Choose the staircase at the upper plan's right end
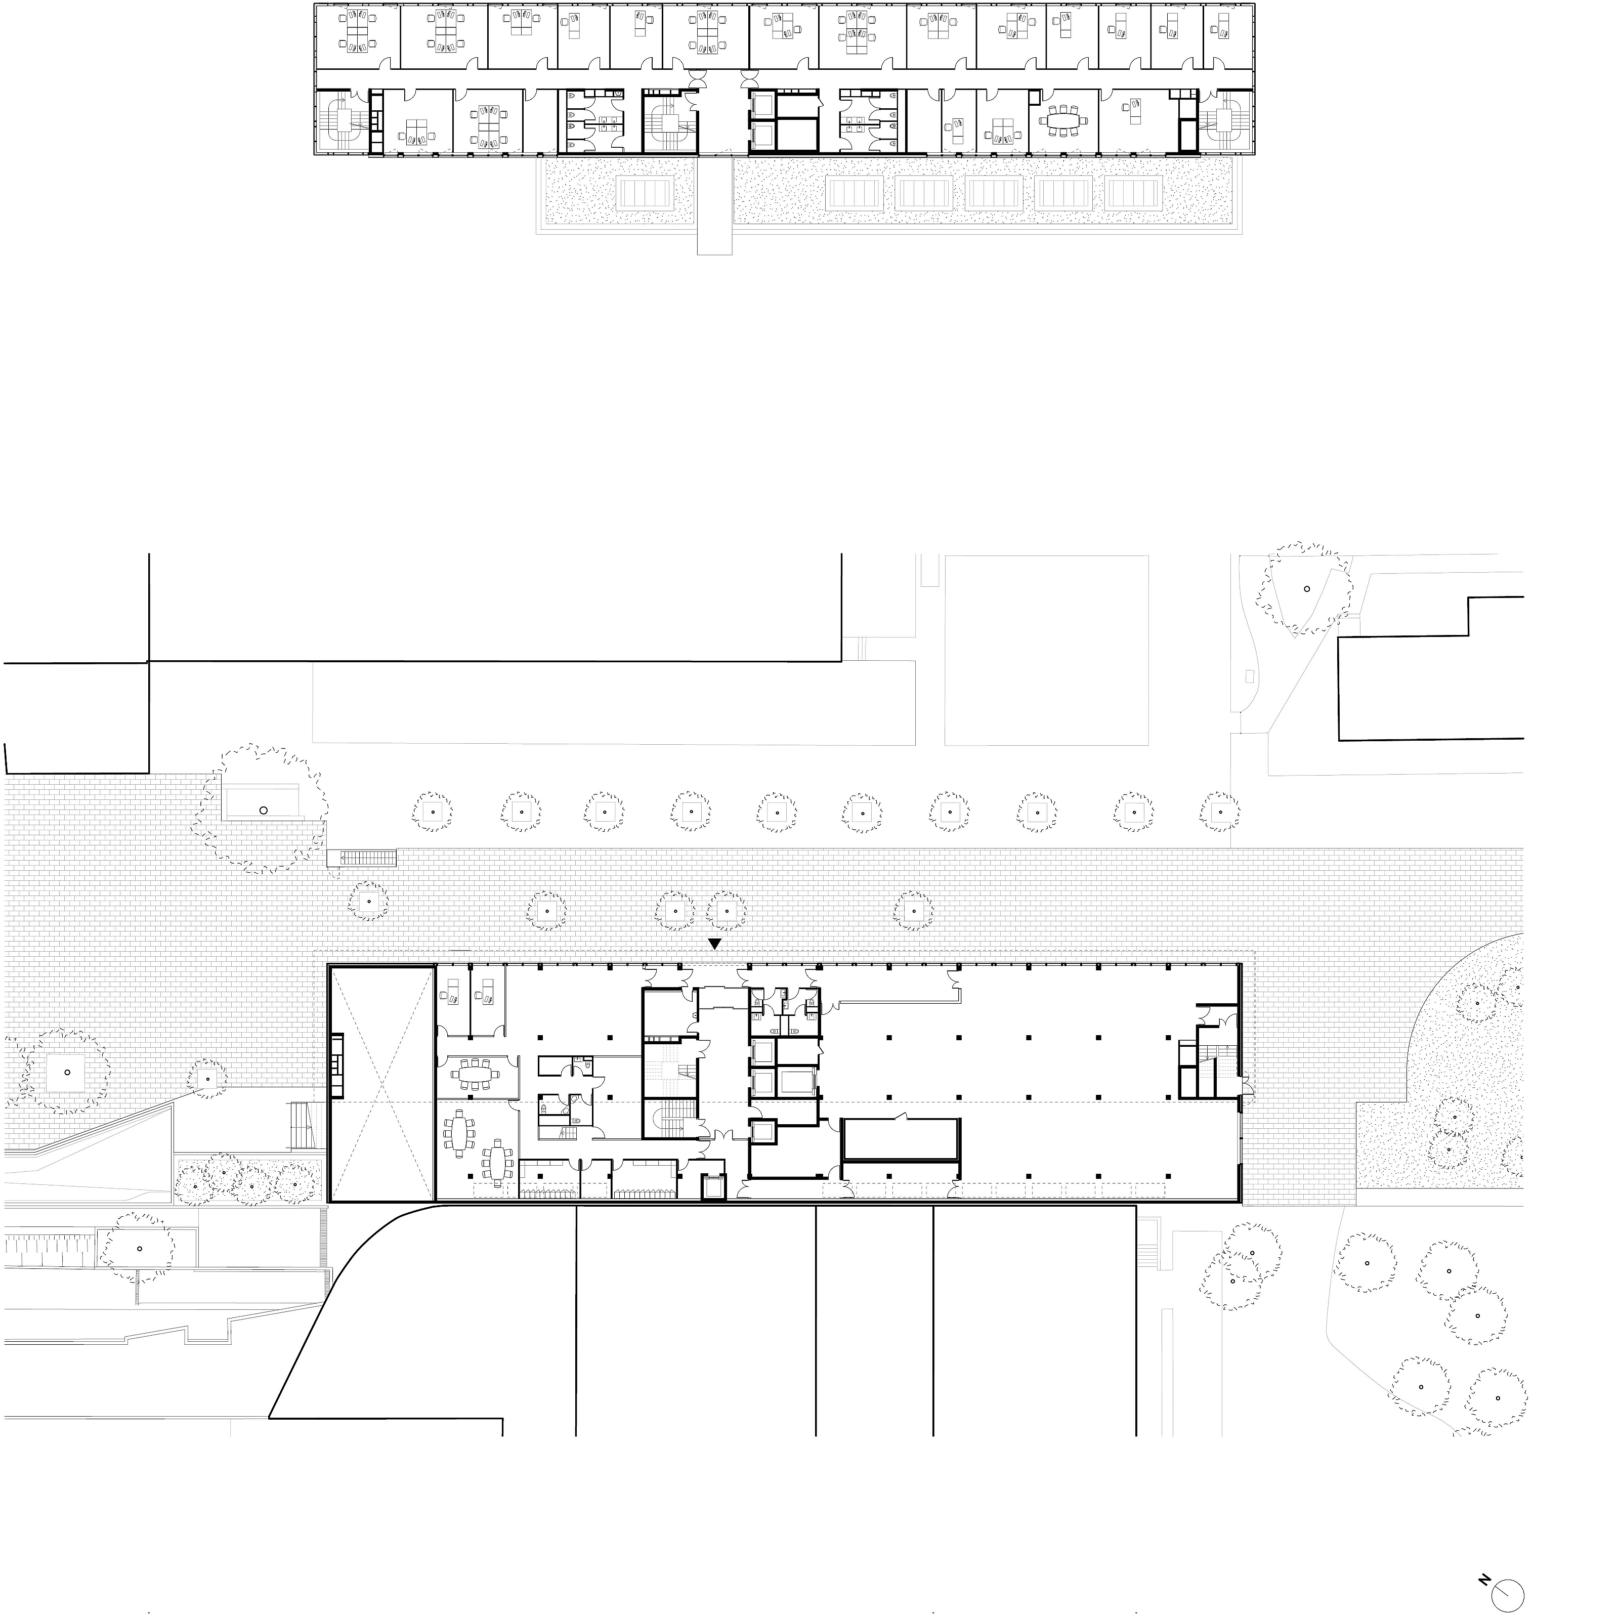[1225, 123]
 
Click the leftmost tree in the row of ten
[433, 811]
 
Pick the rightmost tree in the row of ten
[1219, 811]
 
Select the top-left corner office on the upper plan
[358, 36]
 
